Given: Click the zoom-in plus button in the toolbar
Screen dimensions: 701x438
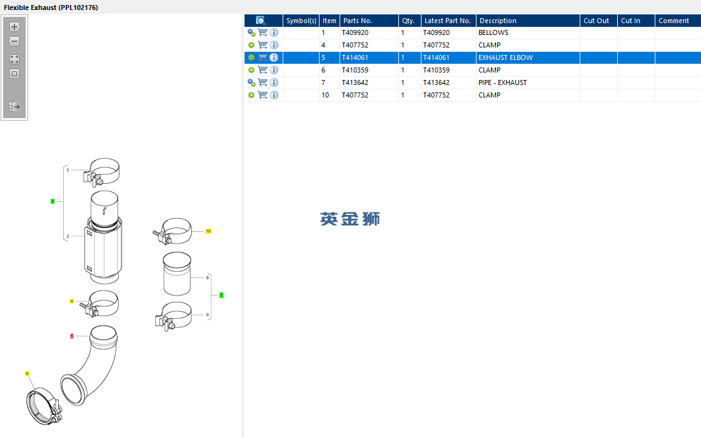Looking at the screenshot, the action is click(x=14, y=27).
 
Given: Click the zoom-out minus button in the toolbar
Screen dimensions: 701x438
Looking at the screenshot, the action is click(x=14, y=41).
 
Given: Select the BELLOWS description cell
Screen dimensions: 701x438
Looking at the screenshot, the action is click(x=493, y=32).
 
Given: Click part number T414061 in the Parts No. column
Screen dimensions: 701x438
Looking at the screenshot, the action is click(x=355, y=57).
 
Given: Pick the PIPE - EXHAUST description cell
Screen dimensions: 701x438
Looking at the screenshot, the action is click(x=503, y=82).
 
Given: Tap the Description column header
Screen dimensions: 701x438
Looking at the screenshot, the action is click(x=498, y=21).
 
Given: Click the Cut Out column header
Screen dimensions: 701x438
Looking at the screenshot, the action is click(x=597, y=21).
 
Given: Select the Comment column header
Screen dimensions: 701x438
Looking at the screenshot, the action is click(x=673, y=21).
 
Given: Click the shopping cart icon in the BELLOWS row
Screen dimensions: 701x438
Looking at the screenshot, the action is click(x=263, y=32).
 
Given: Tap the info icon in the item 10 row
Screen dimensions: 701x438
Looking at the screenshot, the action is click(x=274, y=95).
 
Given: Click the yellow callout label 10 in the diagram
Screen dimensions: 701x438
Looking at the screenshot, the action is click(x=208, y=231).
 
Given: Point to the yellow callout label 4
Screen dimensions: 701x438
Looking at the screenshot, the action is click(x=71, y=301).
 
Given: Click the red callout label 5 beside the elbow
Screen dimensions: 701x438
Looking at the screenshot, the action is click(x=72, y=336).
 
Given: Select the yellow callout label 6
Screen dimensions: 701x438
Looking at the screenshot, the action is click(x=28, y=374).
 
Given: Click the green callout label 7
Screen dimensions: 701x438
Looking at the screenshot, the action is click(x=221, y=296).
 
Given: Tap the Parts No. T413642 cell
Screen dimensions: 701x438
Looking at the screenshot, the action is click(x=355, y=82).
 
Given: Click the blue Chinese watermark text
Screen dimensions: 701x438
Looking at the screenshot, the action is click(x=350, y=219).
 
